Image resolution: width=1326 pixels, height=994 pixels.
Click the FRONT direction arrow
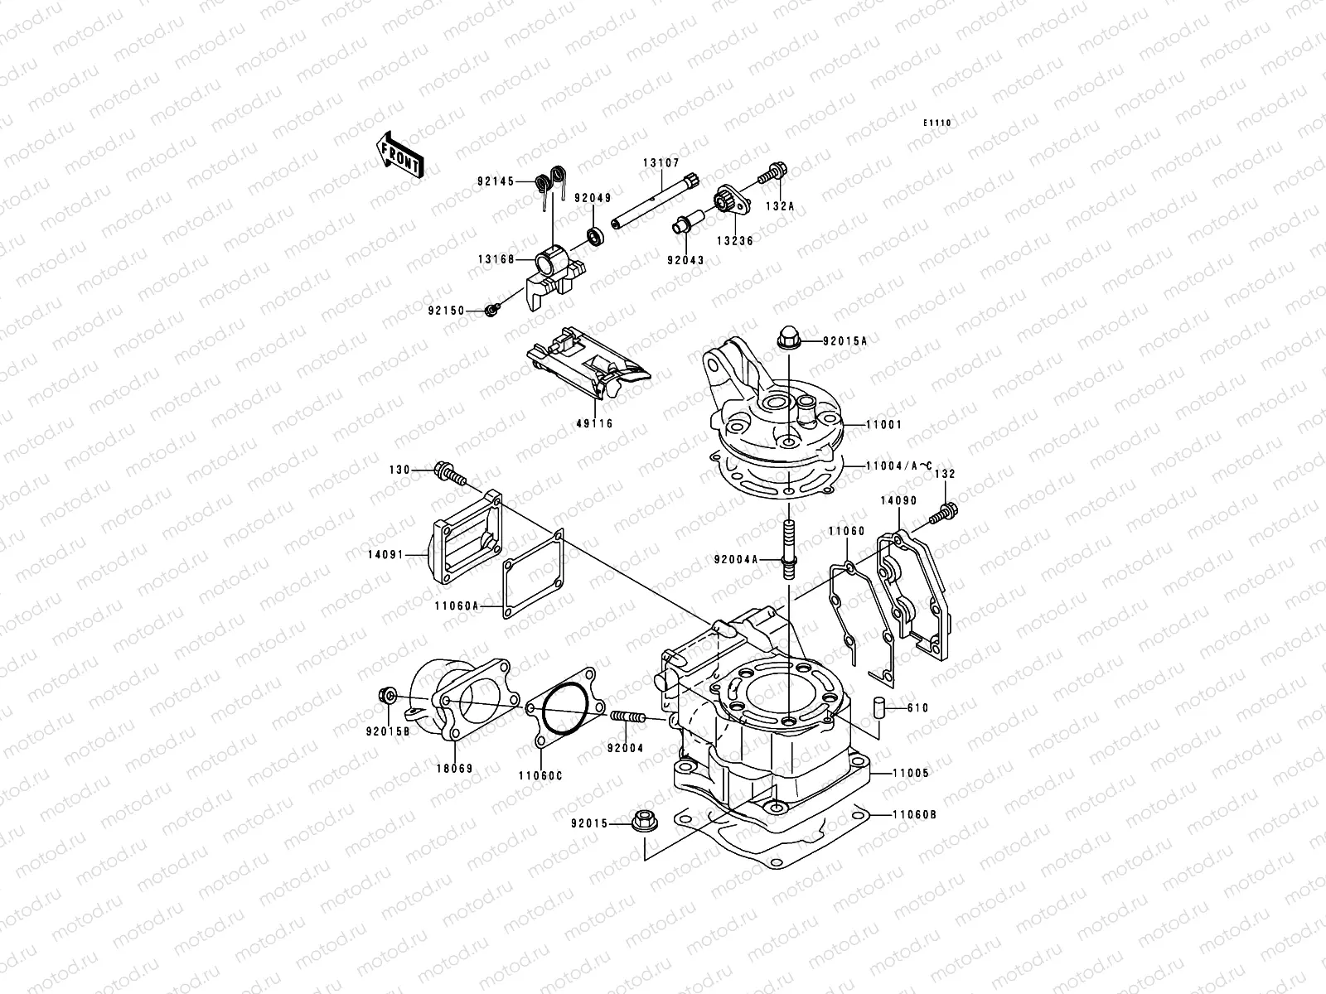click(x=400, y=155)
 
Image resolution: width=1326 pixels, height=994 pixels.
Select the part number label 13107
click(x=660, y=163)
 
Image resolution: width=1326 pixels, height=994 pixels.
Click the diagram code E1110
click(x=938, y=123)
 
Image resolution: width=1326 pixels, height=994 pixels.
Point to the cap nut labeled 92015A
click(x=787, y=338)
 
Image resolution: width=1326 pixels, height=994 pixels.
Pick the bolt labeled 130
click(x=448, y=474)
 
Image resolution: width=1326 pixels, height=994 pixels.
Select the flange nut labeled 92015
click(x=644, y=823)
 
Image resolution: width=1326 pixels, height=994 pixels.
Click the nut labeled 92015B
click(x=385, y=693)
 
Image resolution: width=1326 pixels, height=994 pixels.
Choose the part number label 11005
click(x=911, y=773)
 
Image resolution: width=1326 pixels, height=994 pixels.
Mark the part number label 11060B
click(x=915, y=814)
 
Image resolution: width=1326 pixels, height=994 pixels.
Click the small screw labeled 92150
click(x=491, y=310)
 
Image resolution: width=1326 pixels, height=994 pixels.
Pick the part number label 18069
click(x=456, y=769)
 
